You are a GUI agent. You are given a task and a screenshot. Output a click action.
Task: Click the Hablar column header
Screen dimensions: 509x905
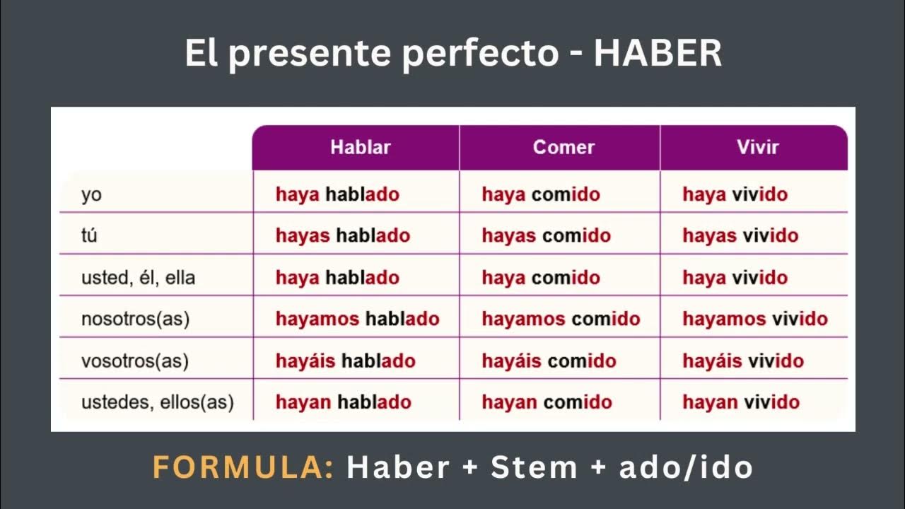pos(360,147)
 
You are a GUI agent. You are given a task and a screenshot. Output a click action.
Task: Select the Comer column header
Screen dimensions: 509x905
pos(564,147)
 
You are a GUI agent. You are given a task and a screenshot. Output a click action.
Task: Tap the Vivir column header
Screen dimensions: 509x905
pos(757,147)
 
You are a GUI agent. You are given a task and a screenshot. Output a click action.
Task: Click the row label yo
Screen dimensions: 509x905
pos(91,194)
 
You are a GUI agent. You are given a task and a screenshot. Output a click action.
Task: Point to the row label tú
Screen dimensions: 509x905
pos(89,235)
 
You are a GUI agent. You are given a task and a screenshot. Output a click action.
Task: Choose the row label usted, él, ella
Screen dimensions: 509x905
pos(138,278)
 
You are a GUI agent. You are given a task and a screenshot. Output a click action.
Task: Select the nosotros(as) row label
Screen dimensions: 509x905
pos(136,319)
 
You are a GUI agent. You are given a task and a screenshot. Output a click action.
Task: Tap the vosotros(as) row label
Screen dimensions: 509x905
pos(135,361)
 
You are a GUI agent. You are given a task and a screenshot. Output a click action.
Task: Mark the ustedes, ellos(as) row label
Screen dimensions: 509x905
pos(158,402)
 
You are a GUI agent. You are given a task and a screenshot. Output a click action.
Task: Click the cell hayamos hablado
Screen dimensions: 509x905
pos(358,319)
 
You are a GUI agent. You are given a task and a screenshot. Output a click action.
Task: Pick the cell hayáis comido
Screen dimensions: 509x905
pos(549,361)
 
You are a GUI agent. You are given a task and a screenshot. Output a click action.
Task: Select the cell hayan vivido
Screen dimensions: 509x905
pos(741,402)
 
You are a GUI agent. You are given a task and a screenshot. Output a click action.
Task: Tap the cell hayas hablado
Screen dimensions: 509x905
pos(343,235)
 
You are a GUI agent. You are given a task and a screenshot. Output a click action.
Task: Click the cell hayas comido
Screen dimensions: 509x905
pos(546,235)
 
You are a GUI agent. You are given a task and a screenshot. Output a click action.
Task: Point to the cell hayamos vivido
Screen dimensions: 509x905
pos(755,319)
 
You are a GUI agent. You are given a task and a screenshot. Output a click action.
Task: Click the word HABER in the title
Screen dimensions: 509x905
pos(658,54)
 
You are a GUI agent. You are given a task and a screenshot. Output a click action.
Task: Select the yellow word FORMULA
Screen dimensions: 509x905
pos(243,467)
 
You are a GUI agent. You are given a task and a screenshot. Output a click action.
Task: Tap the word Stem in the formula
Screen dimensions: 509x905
pos(535,467)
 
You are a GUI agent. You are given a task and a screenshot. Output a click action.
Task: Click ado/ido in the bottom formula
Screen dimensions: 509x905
pos(686,467)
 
